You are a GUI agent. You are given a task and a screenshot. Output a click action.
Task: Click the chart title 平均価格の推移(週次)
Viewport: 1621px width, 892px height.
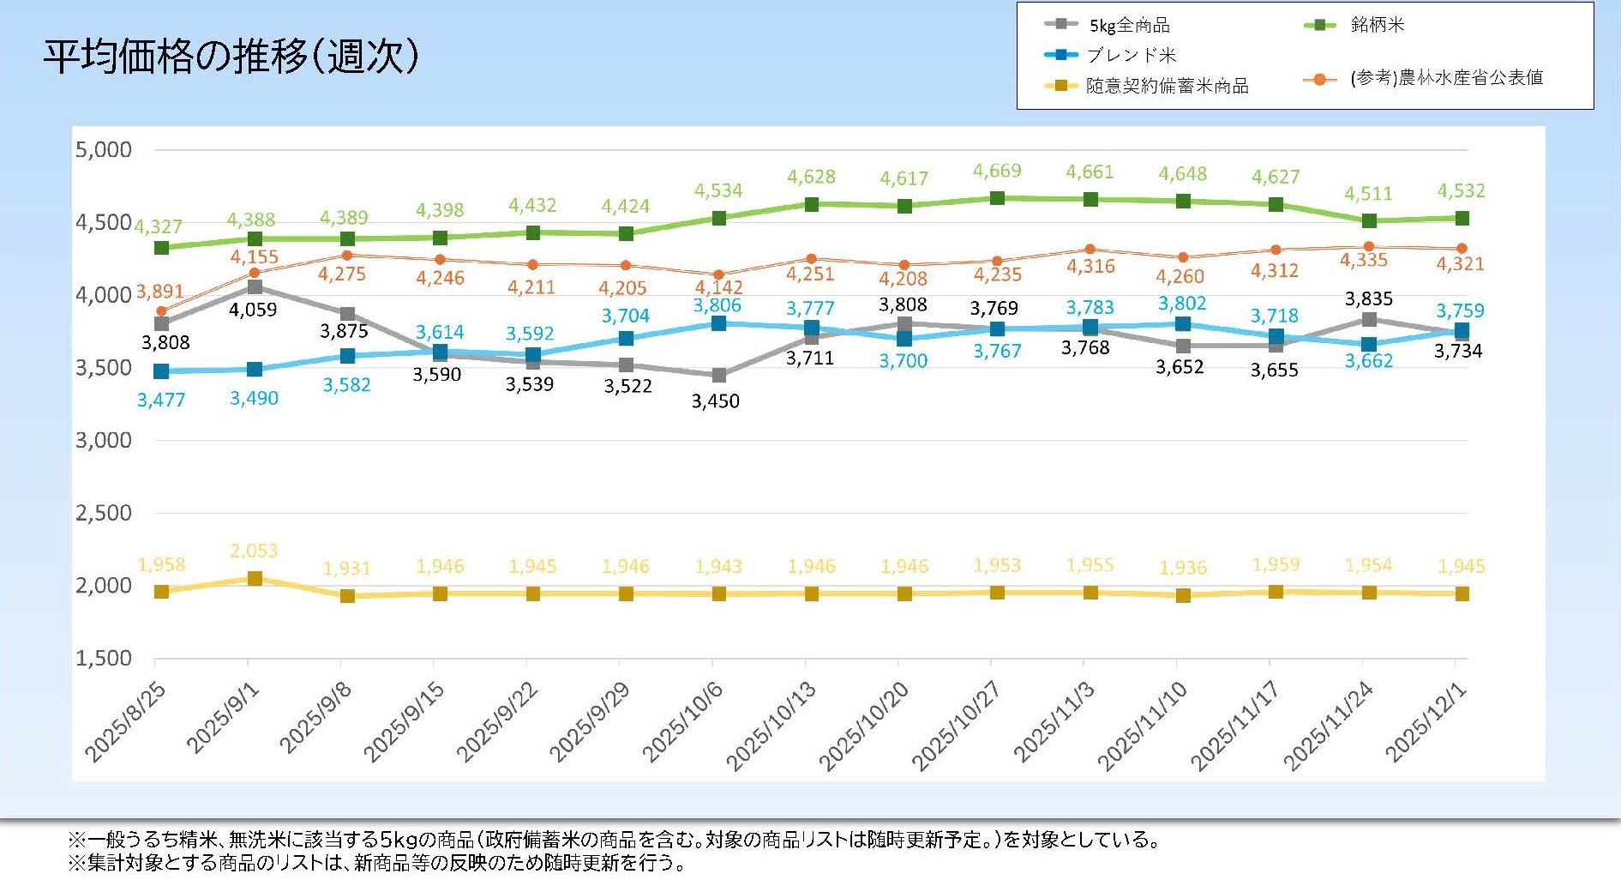click(x=231, y=57)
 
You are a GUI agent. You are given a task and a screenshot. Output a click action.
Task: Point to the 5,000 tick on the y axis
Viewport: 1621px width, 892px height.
click(x=104, y=150)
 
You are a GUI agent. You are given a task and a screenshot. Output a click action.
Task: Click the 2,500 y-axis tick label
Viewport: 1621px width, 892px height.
click(x=104, y=513)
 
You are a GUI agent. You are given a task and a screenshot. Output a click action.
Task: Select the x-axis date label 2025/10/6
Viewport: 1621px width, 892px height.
click(x=683, y=722)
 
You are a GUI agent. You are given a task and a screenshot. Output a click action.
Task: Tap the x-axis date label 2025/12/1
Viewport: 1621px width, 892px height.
click(x=1426, y=722)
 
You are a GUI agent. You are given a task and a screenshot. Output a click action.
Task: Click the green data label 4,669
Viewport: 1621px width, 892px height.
click(x=997, y=171)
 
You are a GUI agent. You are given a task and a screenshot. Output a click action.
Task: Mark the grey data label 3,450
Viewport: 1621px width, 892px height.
click(x=716, y=401)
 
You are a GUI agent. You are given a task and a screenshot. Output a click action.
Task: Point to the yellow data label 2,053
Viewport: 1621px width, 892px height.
click(x=254, y=551)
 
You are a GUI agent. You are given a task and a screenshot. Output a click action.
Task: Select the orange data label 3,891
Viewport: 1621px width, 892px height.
click(x=159, y=292)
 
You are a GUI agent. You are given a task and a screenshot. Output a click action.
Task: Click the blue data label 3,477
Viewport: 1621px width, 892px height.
click(x=161, y=399)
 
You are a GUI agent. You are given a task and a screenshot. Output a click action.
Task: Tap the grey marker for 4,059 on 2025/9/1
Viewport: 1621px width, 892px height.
click(x=255, y=287)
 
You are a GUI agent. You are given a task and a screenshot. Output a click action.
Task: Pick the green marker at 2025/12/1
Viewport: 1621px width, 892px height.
click(x=1462, y=219)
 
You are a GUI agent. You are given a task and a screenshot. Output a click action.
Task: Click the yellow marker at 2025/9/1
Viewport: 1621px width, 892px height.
click(x=255, y=579)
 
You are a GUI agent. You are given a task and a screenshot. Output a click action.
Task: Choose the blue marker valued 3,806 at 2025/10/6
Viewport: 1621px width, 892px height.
click(x=718, y=323)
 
